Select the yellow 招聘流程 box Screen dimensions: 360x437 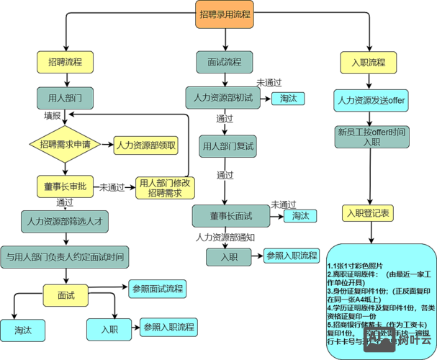click(x=66, y=62)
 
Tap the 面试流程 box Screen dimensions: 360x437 click(x=224, y=62)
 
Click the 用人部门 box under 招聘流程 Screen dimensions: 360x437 click(x=66, y=96)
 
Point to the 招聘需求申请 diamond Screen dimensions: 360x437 click(x=66, y=145)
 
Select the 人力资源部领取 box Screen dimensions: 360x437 click(x=146, y=145)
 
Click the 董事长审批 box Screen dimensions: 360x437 click(x=66, y=186)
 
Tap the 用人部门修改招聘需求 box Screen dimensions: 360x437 click(x=166, y=189)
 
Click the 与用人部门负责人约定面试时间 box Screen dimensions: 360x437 click(x=65, y=256)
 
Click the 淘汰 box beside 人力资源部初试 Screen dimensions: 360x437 click(x=288, y=98)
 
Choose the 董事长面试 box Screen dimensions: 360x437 click(x=230, y=215)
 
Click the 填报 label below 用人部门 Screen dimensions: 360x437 click(x=53, y=115)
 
